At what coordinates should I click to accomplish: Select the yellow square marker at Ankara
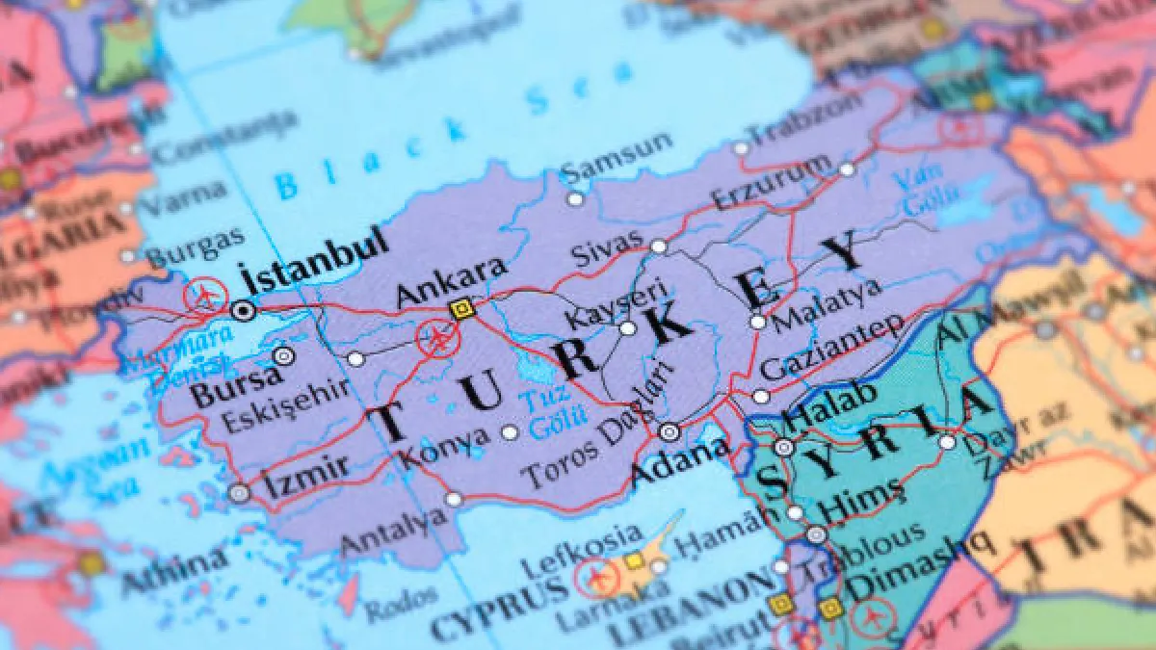(461, 308)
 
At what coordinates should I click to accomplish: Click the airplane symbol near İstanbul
(205, 295)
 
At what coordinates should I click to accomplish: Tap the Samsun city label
(617, 158)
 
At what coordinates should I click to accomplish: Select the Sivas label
(606, 254)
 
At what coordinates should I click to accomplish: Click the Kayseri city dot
(628, 328)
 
